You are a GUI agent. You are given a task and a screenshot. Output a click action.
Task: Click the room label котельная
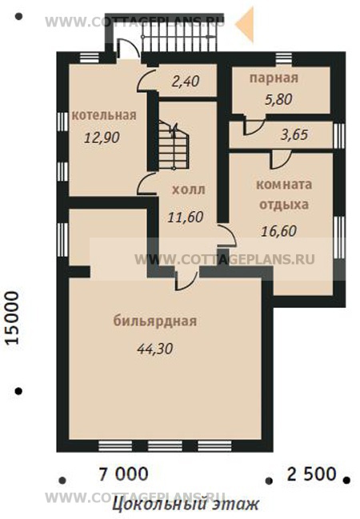click(104, 114)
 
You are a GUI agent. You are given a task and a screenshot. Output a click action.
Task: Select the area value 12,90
click(102, 137)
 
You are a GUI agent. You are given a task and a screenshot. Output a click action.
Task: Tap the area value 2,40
click(185, 80)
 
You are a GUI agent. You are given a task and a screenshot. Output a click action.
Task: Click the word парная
click(274, 78)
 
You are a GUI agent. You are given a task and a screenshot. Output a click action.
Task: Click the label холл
click(189, 190)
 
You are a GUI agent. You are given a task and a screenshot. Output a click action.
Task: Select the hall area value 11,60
click(185, 216)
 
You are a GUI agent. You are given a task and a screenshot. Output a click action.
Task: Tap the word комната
click(284, 184)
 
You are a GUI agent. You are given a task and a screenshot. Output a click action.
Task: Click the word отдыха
click(284, 204)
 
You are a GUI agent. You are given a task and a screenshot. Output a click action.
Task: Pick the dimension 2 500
click(310, 473)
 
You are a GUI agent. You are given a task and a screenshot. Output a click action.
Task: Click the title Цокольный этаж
click(185, 505)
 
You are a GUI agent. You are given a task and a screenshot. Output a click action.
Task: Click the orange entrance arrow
click(247, 24)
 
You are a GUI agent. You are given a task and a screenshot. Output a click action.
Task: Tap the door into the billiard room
click(186, 278)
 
